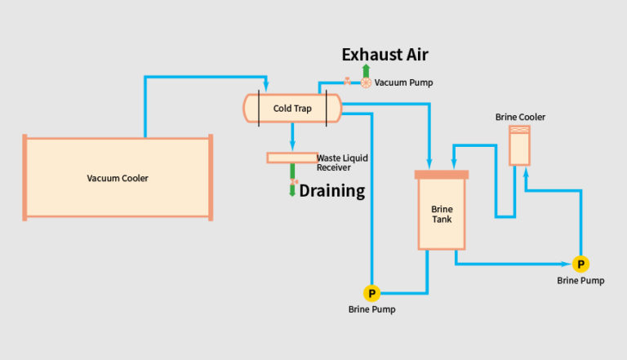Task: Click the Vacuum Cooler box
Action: pos(118,177)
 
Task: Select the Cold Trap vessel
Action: pos(292,109)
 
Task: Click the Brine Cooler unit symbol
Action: pos(518,144)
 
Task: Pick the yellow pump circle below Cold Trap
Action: pos(371,293)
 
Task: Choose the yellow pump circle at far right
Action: pos(580,264)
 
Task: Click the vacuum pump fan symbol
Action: pos(366,82)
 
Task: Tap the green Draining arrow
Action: pos(292,189)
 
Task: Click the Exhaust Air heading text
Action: pos(385,55)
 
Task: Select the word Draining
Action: pos(331,192)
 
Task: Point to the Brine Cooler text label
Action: pos(520,117)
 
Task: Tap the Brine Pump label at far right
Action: pos(580,281)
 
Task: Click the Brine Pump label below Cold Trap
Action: pos(371,309)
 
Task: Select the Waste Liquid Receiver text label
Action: pos(334,162)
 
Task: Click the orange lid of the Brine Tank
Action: pos(442,174)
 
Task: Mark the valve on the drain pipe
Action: pos(294,181)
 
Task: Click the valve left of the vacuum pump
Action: pos(348,82)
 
